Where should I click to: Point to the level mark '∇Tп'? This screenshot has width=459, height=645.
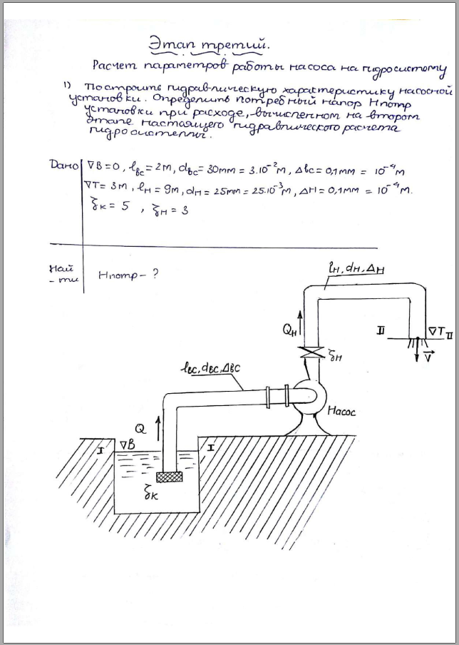[437, 330]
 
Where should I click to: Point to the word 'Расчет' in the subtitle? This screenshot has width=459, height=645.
[118, 67]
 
